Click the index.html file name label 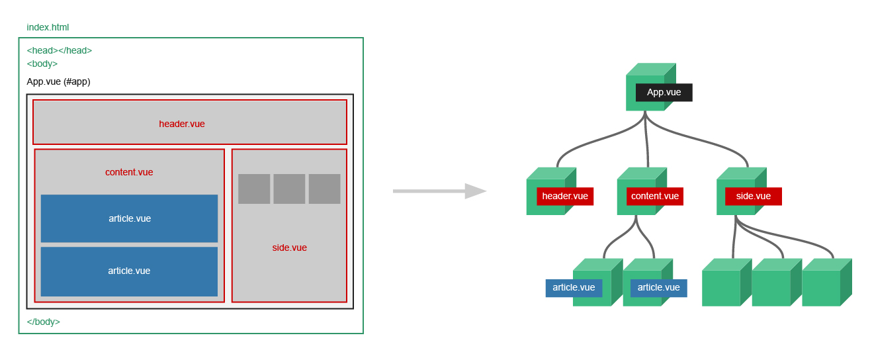(x=48, y=28)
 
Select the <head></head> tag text (x=59, y=50)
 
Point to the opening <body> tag (x=42, y=64)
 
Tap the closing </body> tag (x=43, y=322)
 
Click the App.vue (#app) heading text (x=58, y=81)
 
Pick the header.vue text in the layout (x=182, y=124)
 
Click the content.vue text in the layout (x=129, y=172)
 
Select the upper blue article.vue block (x=129, y=218)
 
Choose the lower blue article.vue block (x=129, y=271)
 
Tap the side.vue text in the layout (x=289, y=247)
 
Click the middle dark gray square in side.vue (x=289, y=189)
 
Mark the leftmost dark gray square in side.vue (x=254, y=189)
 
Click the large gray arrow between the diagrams (x=439, y=191)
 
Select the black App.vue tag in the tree (x=664, y=93)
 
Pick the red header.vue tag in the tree (x=565, y=196)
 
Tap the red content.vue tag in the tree (x=654, y=196)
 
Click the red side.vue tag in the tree (x=753, y=196)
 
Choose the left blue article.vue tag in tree (x=574, y=288)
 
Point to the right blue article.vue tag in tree (x=658, y=288)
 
